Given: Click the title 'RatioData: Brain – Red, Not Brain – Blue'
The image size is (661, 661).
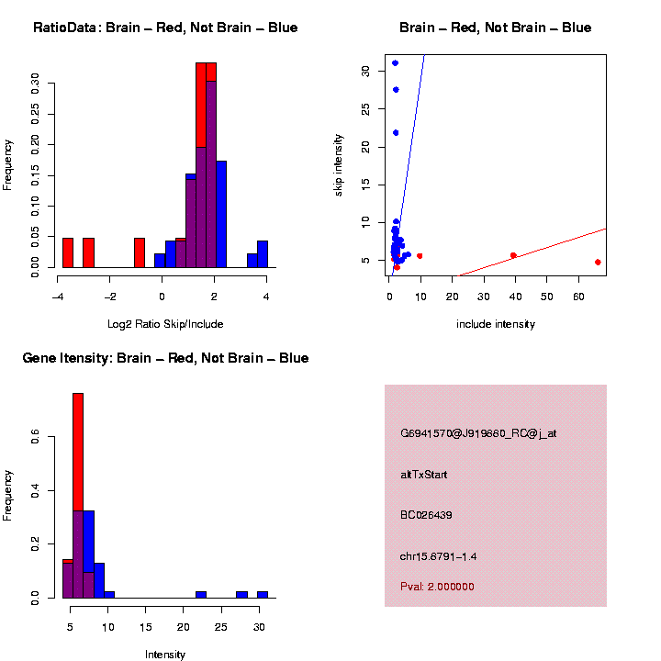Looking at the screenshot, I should coord(165,28).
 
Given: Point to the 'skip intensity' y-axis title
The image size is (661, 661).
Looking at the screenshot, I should coord(339,165).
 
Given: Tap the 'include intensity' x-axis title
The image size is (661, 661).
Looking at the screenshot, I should coord(496,323).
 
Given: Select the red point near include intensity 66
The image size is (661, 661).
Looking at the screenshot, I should coord(598,262).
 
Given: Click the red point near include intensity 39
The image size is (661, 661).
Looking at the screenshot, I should coord(513,255).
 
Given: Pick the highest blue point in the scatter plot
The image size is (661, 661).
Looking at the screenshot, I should coord(395,62).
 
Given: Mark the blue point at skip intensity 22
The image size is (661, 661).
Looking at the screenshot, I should coord(396,132).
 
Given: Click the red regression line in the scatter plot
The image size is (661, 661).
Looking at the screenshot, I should coord(551,245).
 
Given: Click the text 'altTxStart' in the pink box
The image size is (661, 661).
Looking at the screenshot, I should coord(424,475).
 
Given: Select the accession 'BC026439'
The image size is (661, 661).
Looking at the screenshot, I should coord(426,515).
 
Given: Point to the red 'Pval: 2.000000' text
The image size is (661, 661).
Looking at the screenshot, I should coord(437,587).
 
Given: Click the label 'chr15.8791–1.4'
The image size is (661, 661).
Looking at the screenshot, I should coord(439,556).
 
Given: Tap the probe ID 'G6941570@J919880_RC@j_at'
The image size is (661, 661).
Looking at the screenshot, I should coord(478,433).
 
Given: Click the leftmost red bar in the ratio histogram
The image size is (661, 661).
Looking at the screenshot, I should coord(68,252).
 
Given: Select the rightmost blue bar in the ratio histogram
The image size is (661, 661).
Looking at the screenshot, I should coord(263,254).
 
